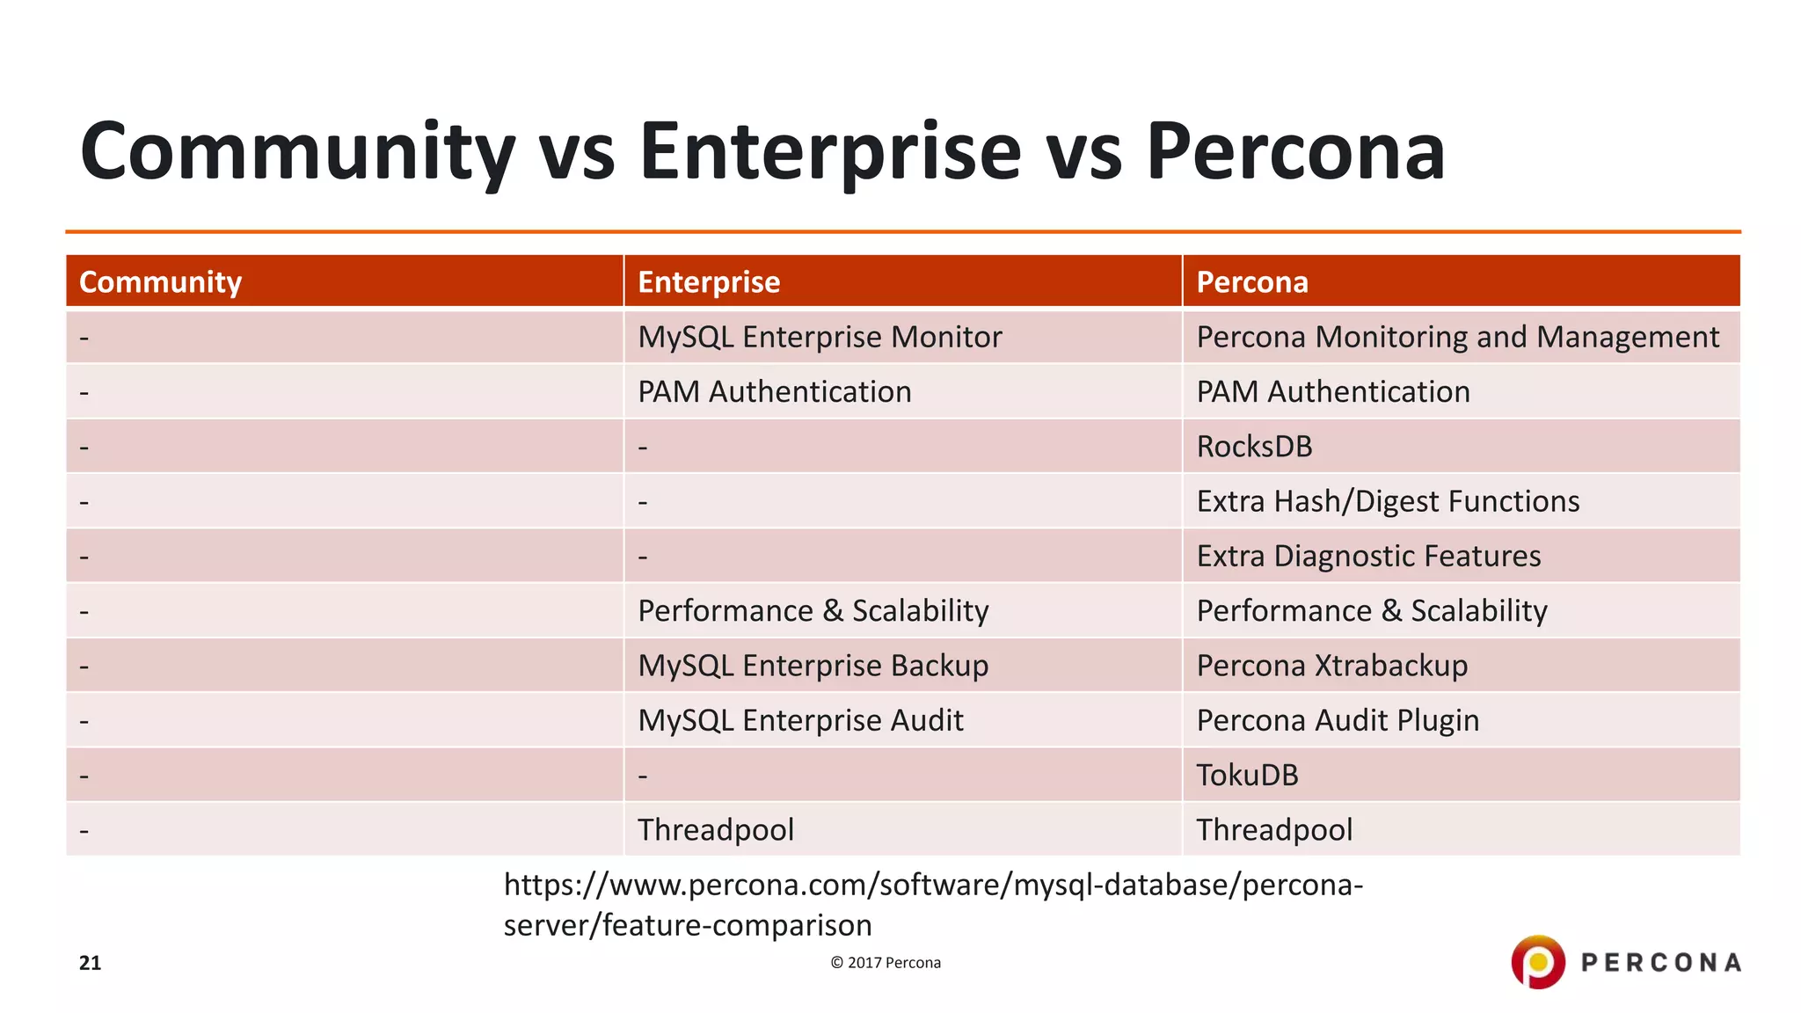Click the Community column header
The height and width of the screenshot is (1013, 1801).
[160, 282]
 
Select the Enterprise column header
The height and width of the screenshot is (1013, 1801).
[709, 282]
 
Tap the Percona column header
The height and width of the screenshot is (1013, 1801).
[1252, 282]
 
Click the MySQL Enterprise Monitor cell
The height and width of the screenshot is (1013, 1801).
[820, 337]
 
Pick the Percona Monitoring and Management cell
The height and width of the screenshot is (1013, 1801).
[1457, 337]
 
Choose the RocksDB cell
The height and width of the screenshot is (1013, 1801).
[1254, 447]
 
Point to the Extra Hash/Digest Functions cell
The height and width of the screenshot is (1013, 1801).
[1388, 501]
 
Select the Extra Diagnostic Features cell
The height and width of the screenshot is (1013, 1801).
[1368, 556]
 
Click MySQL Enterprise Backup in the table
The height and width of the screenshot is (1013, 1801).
[813, 666]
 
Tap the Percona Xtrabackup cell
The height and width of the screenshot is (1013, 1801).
[1331, 666]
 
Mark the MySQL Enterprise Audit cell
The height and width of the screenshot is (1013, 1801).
[800, 720]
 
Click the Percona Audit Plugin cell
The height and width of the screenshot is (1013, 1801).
[1338, 720]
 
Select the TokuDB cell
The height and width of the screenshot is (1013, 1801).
[1247, 775]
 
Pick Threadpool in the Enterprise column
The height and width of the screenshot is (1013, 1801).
[716, 830]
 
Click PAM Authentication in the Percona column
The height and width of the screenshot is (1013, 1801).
[1333, 392]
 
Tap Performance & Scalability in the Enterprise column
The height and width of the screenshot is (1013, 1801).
[813, 611]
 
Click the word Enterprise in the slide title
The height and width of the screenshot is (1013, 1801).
[829, 151]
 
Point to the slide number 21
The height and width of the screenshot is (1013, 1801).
[90, 963]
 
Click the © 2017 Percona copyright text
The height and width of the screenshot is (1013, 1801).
[886, 963]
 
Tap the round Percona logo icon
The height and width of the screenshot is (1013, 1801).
[1537, 962]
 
